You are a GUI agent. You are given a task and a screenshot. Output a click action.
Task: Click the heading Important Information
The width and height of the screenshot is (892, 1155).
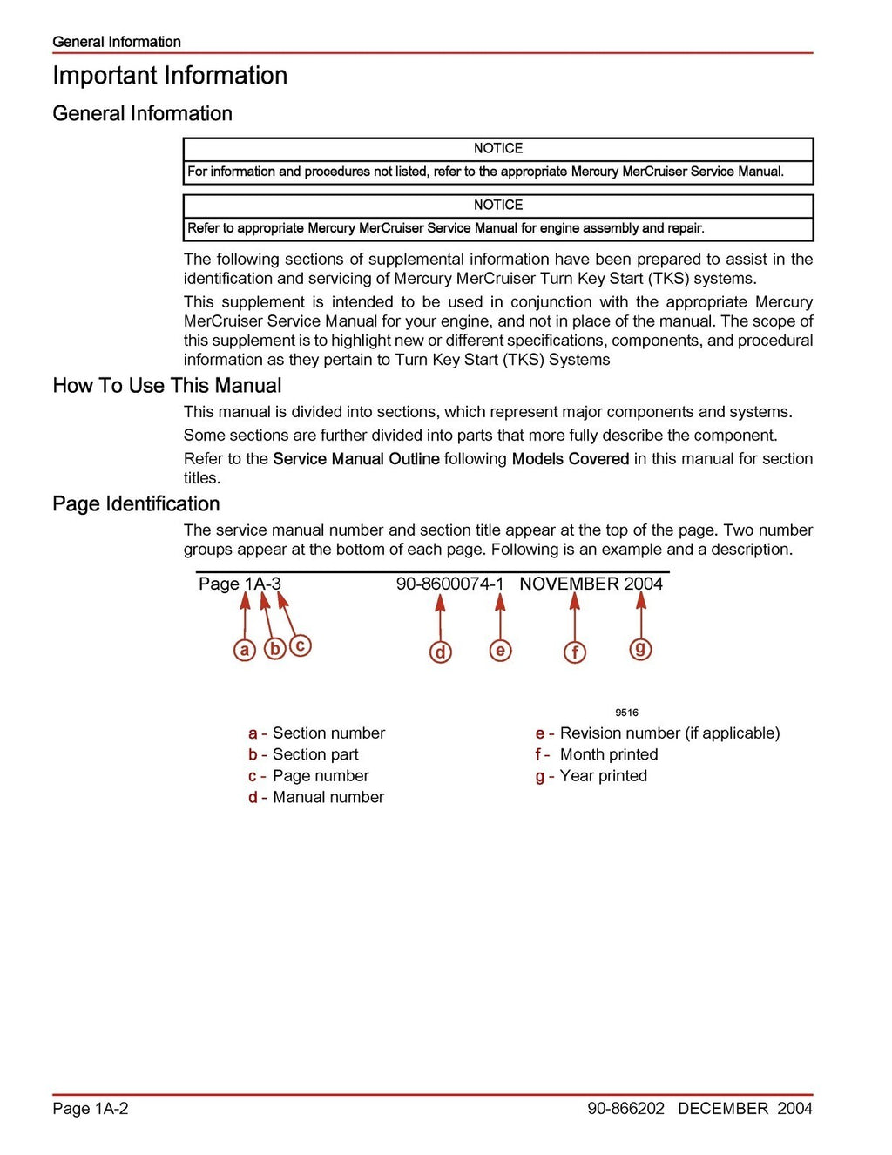pyautogui.click(x=170, y=76)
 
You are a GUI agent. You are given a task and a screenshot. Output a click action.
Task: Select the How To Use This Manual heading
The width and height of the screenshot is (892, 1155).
pyautogui.click(x=166, y=386)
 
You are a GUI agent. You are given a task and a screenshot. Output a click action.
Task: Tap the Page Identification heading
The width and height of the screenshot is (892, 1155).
pyautogui.click(x=136, y=504)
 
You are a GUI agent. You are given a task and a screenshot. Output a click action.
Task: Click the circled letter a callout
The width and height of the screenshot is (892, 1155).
pyautogui.click(x=245, y=650)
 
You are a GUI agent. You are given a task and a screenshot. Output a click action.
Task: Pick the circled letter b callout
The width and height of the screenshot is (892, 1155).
pyautogui.click(x=274, y=649)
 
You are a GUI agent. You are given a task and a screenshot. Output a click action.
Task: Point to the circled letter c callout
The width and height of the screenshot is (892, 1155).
pyautogui.click(x=301, y=645)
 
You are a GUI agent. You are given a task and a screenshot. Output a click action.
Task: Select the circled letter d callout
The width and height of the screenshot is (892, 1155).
pyautogui.click(x=441, y=652)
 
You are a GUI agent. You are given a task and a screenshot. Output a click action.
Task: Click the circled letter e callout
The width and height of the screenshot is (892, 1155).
pyautogui.click(x=500, y=650)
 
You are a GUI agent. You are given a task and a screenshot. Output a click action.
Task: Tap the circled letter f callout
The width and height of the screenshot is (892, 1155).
pyautogui.click(x=575, y=652)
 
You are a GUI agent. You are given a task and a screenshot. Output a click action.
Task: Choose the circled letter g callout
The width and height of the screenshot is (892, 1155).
pyautogui.click(x=640, y=648)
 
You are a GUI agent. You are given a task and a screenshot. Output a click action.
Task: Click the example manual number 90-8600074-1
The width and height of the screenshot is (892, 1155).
pyautogui.click(x=449, y=584)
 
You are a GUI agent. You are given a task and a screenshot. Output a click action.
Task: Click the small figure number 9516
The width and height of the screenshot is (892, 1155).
pyautogui.click(x=626, y=713)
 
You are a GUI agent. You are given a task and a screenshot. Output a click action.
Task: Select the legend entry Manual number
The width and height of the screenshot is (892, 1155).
pyautogui.click(x=328, y=798)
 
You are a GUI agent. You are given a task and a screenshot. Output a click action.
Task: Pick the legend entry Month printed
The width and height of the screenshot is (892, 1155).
pyautogui.click(x=608, y=755)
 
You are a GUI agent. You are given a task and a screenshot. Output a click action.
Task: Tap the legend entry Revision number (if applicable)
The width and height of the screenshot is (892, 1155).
pyautogui.click(x=669, y=733)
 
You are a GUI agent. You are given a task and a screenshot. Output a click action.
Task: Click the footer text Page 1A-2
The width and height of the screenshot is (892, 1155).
pyautogui.click(x=91, y=1109)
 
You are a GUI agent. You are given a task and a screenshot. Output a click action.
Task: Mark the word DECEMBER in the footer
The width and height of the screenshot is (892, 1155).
pyautogui.click(x=722, y=1109)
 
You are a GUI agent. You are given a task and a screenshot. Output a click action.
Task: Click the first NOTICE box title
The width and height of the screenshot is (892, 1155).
pyautogui.click(x=498, y=149)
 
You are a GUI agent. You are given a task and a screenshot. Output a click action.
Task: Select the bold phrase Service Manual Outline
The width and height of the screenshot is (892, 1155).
pyautogui.click(x=355, y=459)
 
